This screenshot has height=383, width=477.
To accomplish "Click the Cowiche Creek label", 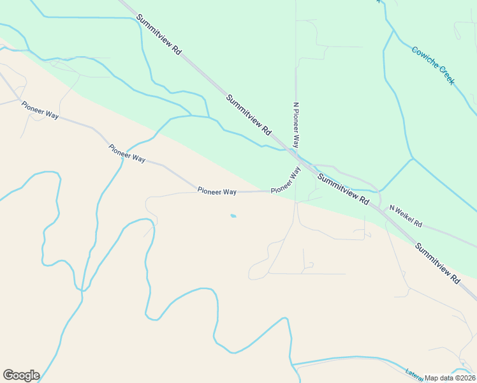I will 433,65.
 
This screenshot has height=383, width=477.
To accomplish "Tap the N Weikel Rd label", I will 406,216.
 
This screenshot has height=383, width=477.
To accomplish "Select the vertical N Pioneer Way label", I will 296,124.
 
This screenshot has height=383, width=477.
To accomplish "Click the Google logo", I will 21,375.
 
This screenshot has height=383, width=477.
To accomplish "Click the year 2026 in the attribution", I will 466,378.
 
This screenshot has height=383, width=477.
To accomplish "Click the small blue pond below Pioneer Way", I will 233,216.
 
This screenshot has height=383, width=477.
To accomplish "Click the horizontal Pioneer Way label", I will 217,191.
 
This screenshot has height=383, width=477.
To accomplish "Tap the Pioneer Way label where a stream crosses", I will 127,153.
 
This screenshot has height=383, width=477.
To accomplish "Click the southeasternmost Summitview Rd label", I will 437,263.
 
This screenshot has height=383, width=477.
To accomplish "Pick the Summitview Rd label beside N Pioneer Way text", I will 249,115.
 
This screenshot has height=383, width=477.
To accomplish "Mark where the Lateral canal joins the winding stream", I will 293,365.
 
